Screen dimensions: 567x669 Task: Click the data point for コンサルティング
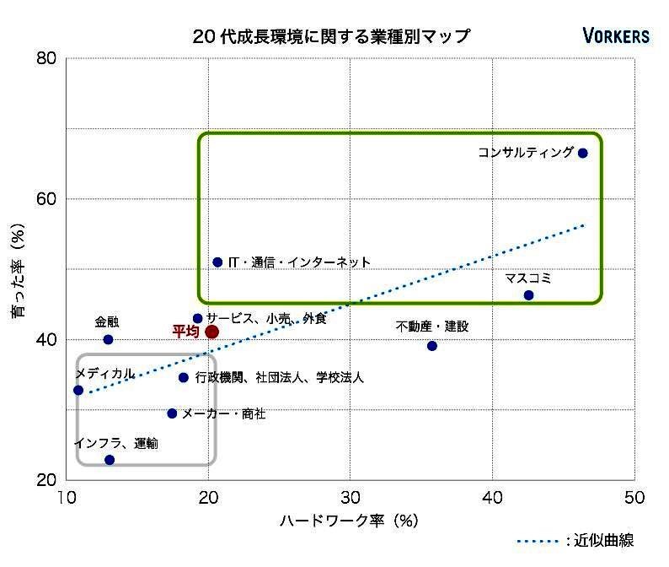[x=582, y=153]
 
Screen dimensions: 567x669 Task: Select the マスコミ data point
[x=528, y=295]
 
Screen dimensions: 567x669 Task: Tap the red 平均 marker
[x=211, y=332]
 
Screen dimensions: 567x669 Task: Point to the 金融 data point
[x=108, y=339]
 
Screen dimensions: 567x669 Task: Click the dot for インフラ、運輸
[x=110, y=460]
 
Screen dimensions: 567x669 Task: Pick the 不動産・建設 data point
[x=432, y=346]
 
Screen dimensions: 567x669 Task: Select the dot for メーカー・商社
[x=172, y=413]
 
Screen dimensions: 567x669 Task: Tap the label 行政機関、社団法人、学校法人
[x=279, y=378]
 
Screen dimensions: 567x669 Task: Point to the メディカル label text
[x=104, y=374]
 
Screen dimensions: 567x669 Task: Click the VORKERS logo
[x=616, y=35]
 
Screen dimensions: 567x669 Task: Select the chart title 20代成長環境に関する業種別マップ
[x=330, y=36]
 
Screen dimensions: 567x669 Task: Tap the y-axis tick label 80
[x=46, y=58]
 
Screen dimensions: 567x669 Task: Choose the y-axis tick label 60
[x=46, y=199]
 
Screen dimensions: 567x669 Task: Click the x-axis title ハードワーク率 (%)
[x=349, y=521]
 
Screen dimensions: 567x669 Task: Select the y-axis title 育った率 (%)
[x=18, y=270]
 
